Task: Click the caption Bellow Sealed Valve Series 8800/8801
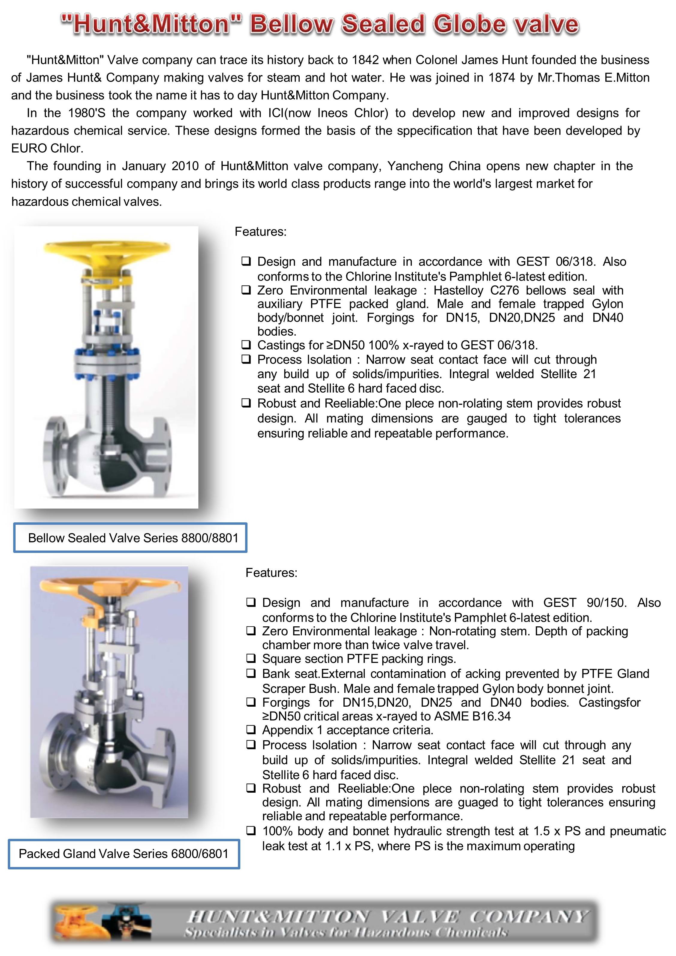coord(133,538)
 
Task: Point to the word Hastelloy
coord(458,290)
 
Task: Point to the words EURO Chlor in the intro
coord(47,148)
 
